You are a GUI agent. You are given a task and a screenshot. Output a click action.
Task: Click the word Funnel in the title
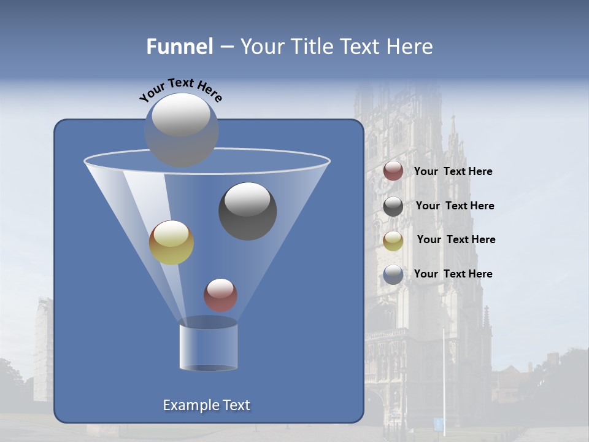pyautogui.click(x=180, y=47)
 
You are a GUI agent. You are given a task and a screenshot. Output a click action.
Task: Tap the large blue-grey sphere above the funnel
pyautogui.click(x=182, y=130)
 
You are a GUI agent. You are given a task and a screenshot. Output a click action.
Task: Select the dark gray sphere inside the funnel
pyautogui.click(x=248, y=211)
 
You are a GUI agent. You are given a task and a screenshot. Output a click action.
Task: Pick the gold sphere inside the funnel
pyautogui.click(x=171, y=242)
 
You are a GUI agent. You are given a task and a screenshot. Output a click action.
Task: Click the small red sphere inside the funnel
pyautogui.click(x=220, y=295)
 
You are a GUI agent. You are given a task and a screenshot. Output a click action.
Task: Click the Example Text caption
pyautogui.click(x=207, y=405)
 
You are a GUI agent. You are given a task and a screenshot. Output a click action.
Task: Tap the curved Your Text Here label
pyautogui.click(x=181, y=88)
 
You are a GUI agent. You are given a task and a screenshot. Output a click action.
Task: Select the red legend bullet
pyautogui.click(x=393, y=171)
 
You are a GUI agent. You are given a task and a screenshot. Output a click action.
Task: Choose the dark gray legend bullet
pyautogui.click(x=393, y=206)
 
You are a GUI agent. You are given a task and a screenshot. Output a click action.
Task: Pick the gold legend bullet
pyautogui.click(x=393, y=240)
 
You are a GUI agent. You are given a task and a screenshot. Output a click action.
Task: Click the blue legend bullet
pyautogui.click(x=393, y=274)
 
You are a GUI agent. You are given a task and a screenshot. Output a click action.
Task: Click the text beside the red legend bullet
pyautogui.click(x=453, y=172)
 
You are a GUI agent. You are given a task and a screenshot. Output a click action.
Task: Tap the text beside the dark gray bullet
pyautogui.click(x=455, y=206)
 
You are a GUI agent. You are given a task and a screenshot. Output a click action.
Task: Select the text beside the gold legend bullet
pyautogui.click(x=456, y=240)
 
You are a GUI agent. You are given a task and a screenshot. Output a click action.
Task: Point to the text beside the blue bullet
pyautogui.click(x=453, y=274)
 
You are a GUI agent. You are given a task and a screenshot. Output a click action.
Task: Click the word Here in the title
pyautogui.click(x=410, y=47)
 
